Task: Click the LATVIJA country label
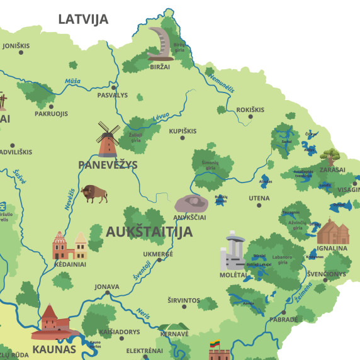tap(83, 19)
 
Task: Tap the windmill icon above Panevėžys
tap(108, 139)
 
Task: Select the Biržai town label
tap(160, 66)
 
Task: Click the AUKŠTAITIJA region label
tap(149, 231)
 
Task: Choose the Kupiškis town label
tap(183, 131)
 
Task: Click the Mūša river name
tap(72, 81)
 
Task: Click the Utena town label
tap(259, 198)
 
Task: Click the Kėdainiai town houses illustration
tap(70, 245)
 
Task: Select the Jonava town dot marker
tap(107, 294)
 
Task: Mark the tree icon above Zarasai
tap(330, 155)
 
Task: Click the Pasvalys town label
tap(113, 95)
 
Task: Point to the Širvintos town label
tap(184, 301)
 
